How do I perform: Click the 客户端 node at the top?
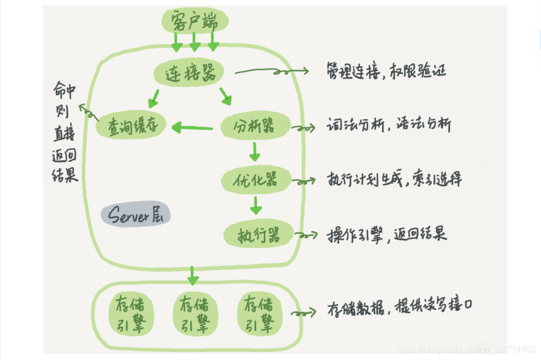[x=194, y=21]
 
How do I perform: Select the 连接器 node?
[x=188, y=73]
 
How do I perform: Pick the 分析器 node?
[x=255, y=125]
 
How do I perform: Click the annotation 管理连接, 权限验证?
[x=386, y=72]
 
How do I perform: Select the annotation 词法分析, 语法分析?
[x=389, y=125]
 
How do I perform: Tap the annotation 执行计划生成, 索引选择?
[x=394, y=179]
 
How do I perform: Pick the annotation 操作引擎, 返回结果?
[x=387, y=234]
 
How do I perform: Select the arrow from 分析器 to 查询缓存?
[x=192, y=127]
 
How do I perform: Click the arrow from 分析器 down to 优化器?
[x=255, y=151]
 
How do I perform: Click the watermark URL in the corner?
[x=465, y=348]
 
